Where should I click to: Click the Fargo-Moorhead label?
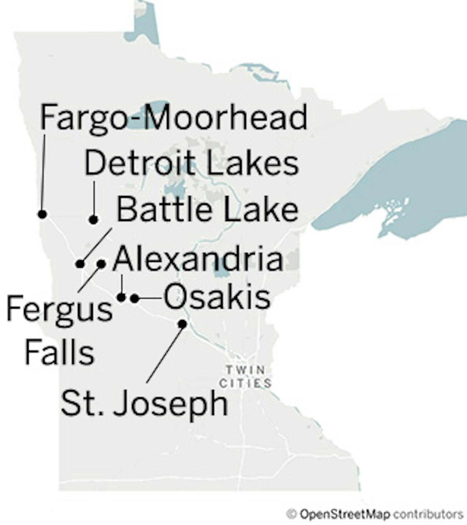tap(174, 117)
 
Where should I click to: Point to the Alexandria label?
tap(198, 259)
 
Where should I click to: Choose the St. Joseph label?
tap(144, 403)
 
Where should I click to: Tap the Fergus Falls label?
tap(59, 329)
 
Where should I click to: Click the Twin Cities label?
tap(245, 377)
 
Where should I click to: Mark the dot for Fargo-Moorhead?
tap(42, 214)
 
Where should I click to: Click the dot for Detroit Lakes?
tap(93, 220)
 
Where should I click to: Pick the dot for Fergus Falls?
tap(101, 264)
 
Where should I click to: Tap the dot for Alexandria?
tap(122, 297)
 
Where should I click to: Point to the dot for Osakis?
tap(135, 298)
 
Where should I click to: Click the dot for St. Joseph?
tap(183, 324)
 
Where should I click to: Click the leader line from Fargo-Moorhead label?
tap(43, 172)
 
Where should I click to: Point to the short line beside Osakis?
tap(150, 298)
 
